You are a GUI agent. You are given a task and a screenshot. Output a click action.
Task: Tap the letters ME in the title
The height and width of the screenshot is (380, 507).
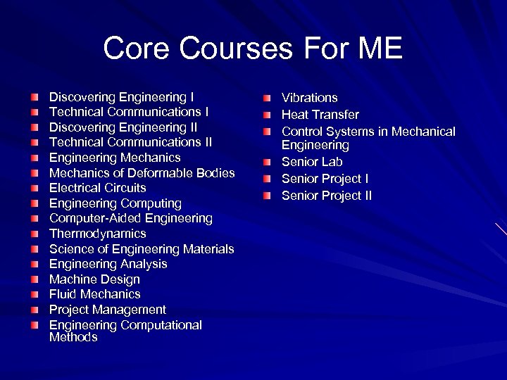pos(378,49)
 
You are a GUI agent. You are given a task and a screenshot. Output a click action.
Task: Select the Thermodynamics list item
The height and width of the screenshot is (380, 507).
pos(97,234)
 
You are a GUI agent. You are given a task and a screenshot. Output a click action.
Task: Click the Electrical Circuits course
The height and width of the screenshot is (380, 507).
pos(97,188)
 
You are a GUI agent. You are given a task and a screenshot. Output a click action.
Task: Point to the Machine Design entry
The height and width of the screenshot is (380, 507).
pos(94,279)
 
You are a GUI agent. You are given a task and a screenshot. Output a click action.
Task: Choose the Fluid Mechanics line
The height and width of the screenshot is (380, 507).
pos(94,294)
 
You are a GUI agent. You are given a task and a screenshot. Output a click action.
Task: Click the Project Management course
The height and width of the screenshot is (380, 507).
pos(107,310)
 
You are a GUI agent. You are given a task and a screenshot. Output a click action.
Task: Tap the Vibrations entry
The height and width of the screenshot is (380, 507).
pos(309,98)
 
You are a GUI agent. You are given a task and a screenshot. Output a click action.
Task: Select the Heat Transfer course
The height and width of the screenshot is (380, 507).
pos(320,115)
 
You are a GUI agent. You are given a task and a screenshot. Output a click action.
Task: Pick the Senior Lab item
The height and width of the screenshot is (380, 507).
pos(312,162)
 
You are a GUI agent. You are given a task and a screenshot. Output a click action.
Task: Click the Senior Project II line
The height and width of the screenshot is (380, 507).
pos(327,196)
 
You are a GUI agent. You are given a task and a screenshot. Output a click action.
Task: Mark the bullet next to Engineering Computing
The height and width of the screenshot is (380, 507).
pos(35,203)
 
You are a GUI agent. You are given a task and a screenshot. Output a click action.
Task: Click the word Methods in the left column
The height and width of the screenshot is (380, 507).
pos(73,338)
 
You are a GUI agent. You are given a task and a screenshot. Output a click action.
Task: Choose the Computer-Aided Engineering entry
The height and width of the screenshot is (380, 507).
pos(130,219)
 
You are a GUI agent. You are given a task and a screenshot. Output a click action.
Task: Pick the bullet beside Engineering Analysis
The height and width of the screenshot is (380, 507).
pos(35,265)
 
